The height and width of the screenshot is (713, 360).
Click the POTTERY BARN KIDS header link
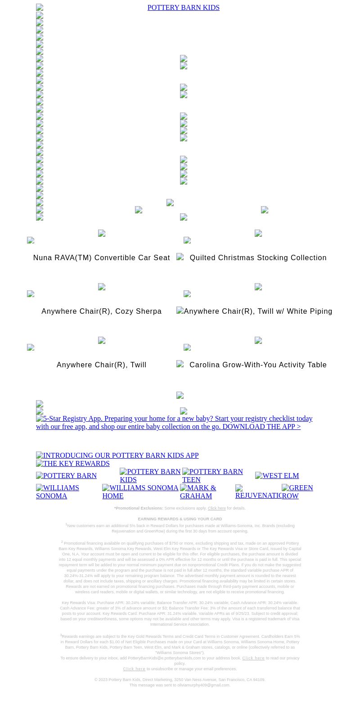(x=183, y=8)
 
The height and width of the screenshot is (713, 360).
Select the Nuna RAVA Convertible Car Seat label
(x=101, y=258)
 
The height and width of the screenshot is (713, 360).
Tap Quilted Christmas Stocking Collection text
(x=258, y=258)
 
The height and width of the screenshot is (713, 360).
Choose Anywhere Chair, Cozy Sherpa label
(x=101, y=311)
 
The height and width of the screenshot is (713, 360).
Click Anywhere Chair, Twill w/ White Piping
(x=258, y=311)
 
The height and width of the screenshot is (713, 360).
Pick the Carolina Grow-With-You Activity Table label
(x=258, y=365)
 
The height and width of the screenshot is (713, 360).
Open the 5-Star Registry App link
(x=174, y=423)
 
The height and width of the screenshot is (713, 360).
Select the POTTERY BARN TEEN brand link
(x=212, y=476)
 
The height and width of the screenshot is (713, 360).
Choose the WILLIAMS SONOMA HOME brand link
(x=140, y=492)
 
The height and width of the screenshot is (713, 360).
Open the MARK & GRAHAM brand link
(x=198, y=492)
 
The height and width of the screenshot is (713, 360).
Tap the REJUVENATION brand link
(x=258, y=495)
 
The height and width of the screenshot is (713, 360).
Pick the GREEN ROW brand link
(x=297, y=492)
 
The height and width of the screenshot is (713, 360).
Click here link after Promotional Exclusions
(x=216, y=509)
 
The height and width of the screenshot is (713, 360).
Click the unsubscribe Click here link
(x=134, y=669)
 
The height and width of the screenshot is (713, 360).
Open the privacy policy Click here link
(x=253, y=659)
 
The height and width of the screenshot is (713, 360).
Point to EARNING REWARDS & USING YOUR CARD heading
(x=180, y=519)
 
